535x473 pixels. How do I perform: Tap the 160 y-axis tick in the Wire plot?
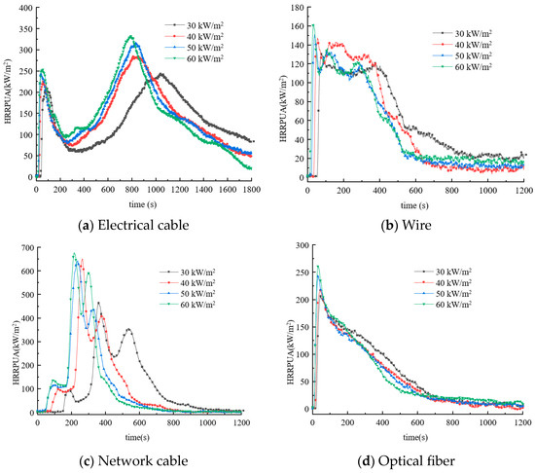coord(293,25)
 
